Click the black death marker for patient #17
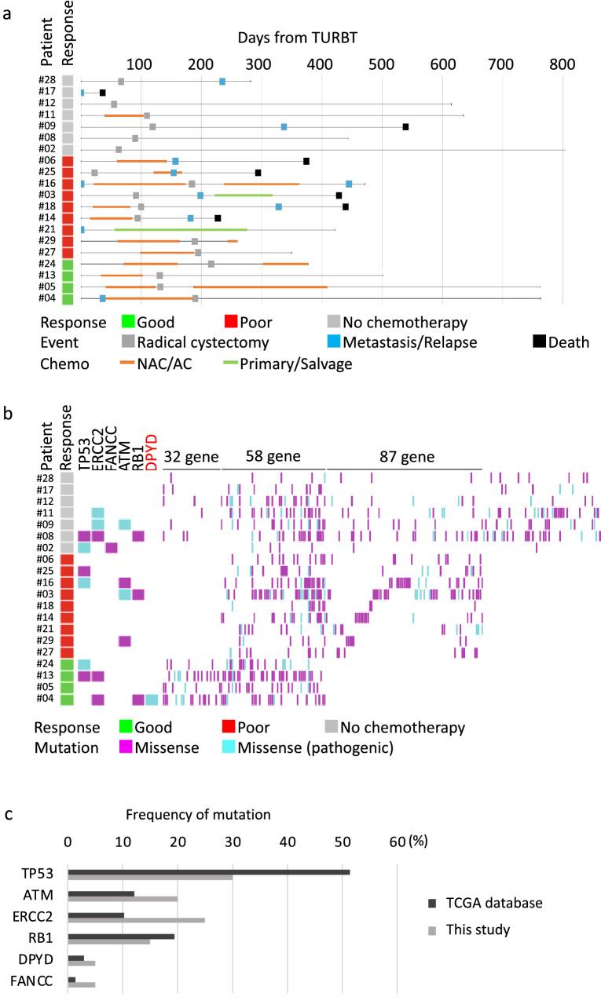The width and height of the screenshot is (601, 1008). point(102,93)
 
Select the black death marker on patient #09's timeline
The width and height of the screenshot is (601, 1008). point(405,126)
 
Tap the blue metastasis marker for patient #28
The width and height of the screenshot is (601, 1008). point(222,82)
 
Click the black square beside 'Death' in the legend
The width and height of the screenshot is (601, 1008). point(539,341)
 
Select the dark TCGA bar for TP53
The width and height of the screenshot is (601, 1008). point(209,872)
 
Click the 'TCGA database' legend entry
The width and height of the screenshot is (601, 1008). point(494,903)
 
